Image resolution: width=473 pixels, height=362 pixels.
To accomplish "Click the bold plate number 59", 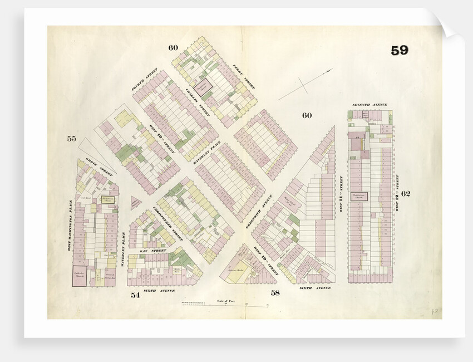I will tap(399, 51).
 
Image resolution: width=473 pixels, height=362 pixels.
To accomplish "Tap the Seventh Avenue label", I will tap(369, 105).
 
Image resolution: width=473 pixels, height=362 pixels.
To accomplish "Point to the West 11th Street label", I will tap(341, 194).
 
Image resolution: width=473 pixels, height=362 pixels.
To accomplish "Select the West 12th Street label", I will tap(397, 193).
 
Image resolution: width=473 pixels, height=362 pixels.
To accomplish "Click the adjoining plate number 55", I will tap(71, 139).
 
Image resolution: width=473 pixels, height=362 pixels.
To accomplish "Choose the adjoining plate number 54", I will tap(135, 295).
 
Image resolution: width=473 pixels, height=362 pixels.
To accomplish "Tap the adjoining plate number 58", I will tap(275, 292).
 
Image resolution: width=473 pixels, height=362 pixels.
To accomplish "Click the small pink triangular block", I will tap(135, 203).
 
